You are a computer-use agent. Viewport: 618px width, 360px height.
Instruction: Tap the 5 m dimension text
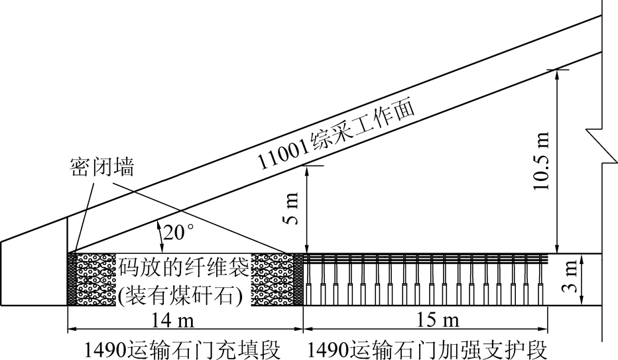(294, 209)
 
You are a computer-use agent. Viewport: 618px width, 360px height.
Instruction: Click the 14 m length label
(183, 321)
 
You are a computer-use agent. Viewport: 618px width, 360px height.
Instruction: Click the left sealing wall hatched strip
(72, 279)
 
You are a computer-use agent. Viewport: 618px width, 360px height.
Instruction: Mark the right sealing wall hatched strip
(298, 279)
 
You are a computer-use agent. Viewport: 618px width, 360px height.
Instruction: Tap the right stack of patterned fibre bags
(273, 279)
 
